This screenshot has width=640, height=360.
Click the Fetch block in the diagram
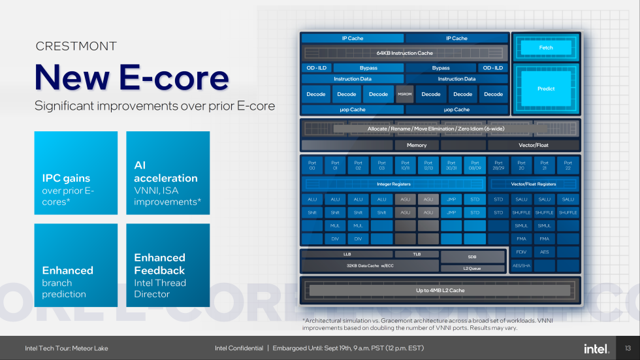click(546, 48)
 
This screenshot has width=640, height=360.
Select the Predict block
click(546, 89)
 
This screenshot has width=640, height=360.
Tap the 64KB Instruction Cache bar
click(405, 53)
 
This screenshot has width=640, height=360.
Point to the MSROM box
click(405, 94)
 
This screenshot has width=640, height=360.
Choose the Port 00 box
click(312, 165)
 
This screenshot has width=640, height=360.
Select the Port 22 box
click(568, 165)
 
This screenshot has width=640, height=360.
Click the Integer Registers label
click(394, 184)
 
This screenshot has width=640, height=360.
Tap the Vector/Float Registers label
click(534, 184)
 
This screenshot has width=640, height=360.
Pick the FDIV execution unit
click(521, 252)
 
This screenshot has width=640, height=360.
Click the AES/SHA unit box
click(521, 265)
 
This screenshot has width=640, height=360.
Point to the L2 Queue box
click(472, 269)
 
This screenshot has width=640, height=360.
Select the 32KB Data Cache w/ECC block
click(370, 265)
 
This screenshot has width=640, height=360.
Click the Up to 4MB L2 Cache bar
click(440, 290)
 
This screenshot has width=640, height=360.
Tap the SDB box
click(472, 257)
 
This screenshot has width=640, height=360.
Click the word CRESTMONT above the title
click(76, 46)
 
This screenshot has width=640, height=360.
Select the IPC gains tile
click(76, 173)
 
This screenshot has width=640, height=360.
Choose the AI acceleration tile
click(168, 173)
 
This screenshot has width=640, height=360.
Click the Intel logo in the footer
click(596, 348)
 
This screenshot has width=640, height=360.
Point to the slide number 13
click(628, 348)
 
